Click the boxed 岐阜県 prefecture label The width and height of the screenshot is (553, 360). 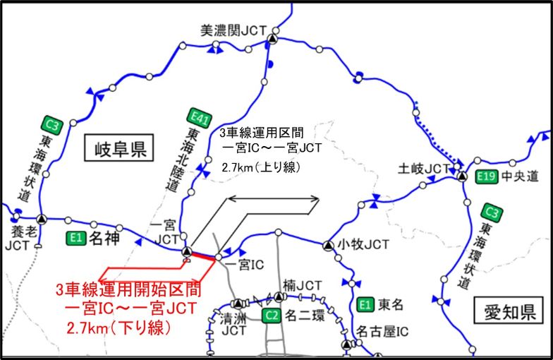(118, 148)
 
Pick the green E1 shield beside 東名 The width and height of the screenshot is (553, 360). (364, 305)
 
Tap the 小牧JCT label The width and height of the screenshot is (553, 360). (363, 245)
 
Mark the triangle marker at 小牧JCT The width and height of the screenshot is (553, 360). (327, 245)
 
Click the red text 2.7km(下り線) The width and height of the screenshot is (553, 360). (119, 329)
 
